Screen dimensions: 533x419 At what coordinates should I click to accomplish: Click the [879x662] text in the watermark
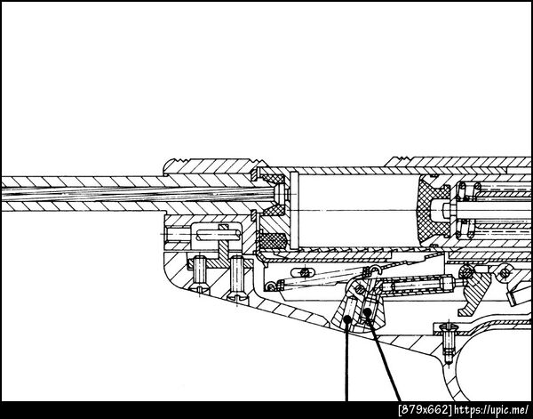point(426,409)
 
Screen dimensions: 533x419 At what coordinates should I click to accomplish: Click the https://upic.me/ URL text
point(491,409)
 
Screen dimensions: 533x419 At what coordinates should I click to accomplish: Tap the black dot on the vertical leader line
point(347,319)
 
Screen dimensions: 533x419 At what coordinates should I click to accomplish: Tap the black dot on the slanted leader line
point(367,311)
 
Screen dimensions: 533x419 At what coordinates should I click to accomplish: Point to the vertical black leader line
point(346,362)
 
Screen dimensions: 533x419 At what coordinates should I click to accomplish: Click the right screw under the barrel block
point(237,278)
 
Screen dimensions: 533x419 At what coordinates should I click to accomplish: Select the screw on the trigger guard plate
point(449,343)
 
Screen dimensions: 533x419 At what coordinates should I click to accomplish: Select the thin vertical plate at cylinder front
point(294,210)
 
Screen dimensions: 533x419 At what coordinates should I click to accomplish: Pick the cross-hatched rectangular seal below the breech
point(273,240)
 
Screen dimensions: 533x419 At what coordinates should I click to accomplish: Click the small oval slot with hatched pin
point(303,272)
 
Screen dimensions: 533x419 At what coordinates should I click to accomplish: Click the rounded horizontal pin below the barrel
point(219,234)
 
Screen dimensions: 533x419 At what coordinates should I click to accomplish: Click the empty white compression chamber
point(359,210)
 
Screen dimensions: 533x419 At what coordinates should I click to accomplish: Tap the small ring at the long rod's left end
point(271,286)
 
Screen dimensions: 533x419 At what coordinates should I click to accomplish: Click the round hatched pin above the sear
point(466,272)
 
